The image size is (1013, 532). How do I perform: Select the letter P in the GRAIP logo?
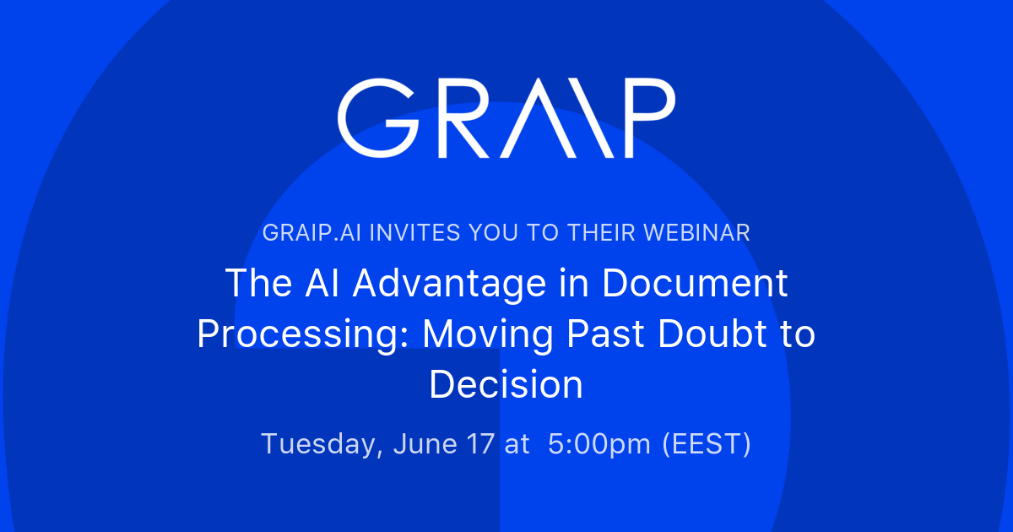(638, 119)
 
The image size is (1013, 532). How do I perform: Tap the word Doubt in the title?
(699, 334)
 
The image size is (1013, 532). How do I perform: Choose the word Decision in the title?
(506, 385)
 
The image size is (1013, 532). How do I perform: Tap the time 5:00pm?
(600, 444)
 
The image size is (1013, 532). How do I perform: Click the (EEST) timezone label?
(707, 444)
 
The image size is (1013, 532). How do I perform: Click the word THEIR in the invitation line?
(613, 233)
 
